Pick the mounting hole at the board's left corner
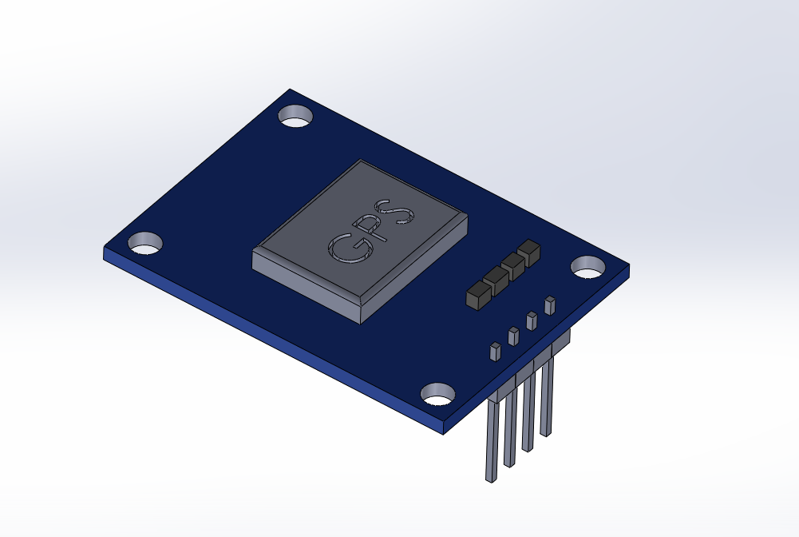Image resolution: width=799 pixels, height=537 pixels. (x=145, y=243)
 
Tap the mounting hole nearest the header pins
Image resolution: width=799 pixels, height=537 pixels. (x=438, y=394)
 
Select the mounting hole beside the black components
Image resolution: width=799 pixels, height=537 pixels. (x=588, y=267)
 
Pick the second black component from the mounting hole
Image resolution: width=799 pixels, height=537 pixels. (x=512, y=265)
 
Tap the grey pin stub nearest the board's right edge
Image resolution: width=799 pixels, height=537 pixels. (x=549, y=304)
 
